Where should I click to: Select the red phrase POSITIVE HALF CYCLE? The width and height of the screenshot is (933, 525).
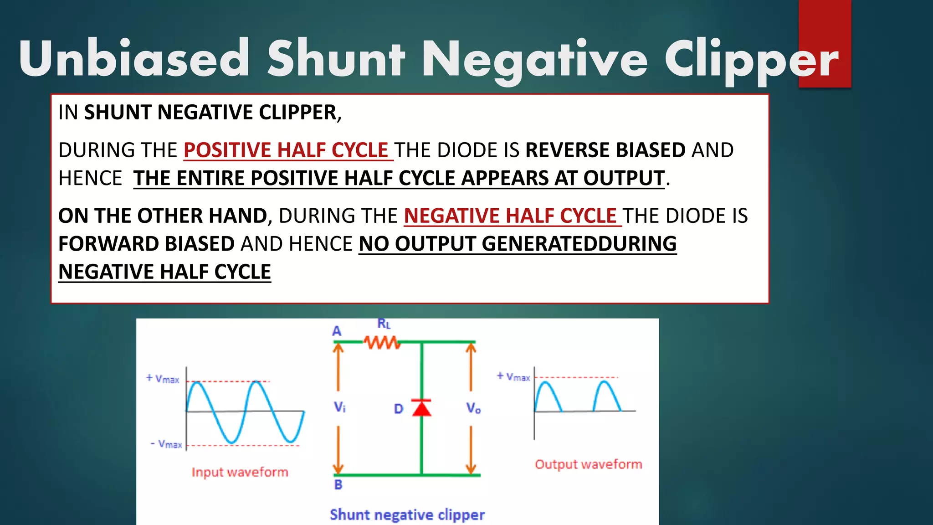coord(286,150)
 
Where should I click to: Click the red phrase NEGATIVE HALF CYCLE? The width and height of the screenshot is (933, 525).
coord(510,216)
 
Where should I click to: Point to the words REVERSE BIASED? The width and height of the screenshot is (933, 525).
coord(605,150)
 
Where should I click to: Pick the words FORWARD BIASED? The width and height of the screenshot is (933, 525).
coord(146,244)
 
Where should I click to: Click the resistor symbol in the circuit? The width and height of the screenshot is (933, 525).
coord(382,342)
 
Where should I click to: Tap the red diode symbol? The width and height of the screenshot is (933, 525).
coord(421,408)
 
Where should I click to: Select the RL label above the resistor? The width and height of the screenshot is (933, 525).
coord(384,324)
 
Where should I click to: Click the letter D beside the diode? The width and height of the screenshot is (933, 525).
coord(399,409)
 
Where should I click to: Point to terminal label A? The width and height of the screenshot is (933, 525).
coord(337,331)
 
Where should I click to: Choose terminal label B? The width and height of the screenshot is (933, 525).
coord(338,484)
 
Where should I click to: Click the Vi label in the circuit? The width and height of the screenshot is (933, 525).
coord(339,407)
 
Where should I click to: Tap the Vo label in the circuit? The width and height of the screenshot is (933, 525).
coord(473,408)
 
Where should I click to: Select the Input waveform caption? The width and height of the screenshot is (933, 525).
coord(240,472)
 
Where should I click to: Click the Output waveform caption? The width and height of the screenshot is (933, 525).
coord(588,464)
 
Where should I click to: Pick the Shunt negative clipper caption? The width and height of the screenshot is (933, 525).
coord(407,515)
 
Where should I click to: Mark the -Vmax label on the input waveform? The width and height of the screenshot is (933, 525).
coord(167,444)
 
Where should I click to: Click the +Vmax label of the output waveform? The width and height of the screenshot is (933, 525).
coord(513,377)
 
